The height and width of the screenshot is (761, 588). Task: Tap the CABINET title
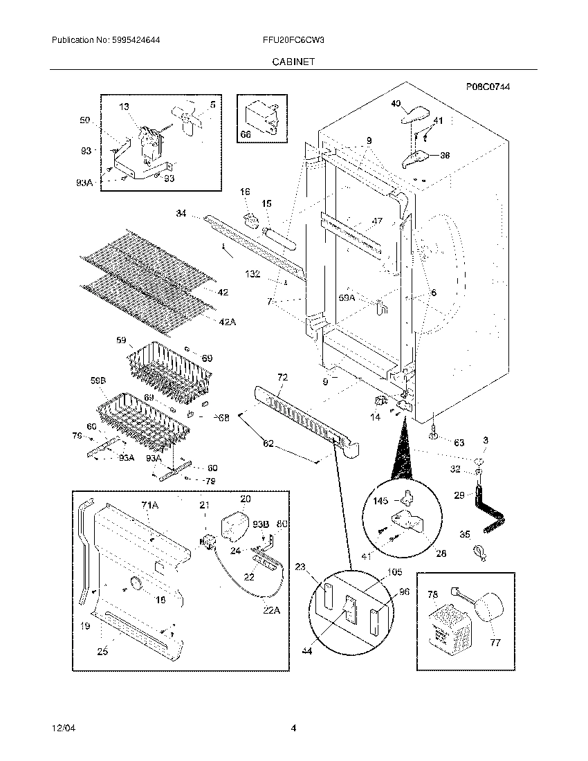click(293, 62)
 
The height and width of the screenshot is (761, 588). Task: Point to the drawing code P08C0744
click(492, 86)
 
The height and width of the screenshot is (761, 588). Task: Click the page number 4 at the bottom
click(293, 728)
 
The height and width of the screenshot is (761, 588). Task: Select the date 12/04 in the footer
click(62, 728)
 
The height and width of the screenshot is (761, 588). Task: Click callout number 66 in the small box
click(246, 134)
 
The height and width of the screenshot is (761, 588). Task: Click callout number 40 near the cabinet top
click(396, 104)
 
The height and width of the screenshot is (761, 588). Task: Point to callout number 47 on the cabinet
click(377, 221)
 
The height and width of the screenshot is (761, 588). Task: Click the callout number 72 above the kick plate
click(282, 378)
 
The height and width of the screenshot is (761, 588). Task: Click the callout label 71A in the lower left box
click(150, 506)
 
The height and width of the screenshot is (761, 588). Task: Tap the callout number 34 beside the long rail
click(181, 214)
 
